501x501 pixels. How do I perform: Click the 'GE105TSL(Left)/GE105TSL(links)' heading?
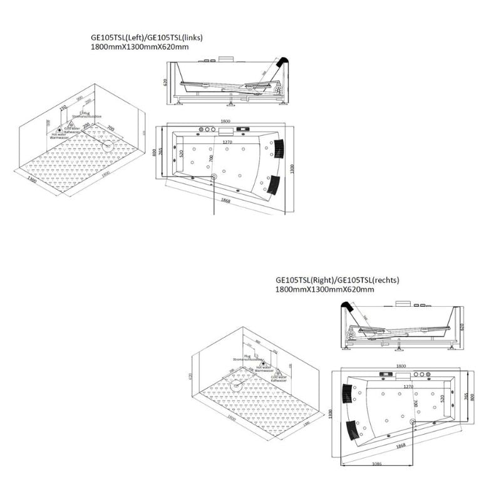tap(147, 38)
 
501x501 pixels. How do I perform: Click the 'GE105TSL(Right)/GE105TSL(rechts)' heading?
tap(337, 281)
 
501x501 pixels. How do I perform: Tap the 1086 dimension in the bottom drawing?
tap(374, 464)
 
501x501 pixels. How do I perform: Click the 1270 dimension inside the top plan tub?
tap(228, 142)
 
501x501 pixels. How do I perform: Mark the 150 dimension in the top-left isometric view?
tap(63, 108)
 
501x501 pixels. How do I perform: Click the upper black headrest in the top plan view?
tap(277, 147)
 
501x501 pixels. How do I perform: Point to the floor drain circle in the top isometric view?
tap(108, 147)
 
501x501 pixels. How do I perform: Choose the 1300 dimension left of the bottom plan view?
tap(329, 414)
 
